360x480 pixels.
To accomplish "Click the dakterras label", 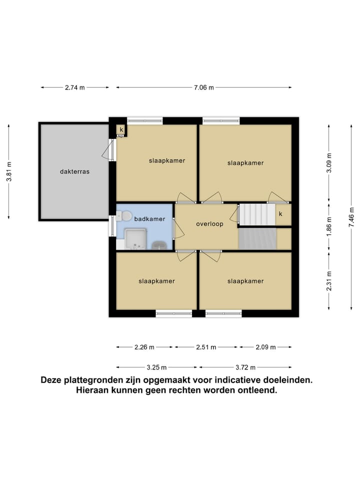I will coord(74,171).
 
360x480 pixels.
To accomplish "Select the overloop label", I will coord(209,224).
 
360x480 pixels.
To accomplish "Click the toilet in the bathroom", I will coord(124,216).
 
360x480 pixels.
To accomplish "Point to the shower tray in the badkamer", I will coord(135,238).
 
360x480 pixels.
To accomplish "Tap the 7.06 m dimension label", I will coord(203,87).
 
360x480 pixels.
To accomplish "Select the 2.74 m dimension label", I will coord(74,87).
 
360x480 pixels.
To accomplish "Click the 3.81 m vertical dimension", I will coord(9,171).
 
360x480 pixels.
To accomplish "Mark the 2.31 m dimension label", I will coord(329,280).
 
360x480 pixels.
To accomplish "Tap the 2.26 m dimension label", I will coord(144,347).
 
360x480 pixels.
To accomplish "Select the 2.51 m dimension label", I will coord(206,347).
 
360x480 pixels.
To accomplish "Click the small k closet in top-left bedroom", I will coord(121,130).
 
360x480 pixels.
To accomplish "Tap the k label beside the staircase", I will coord(280,214).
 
